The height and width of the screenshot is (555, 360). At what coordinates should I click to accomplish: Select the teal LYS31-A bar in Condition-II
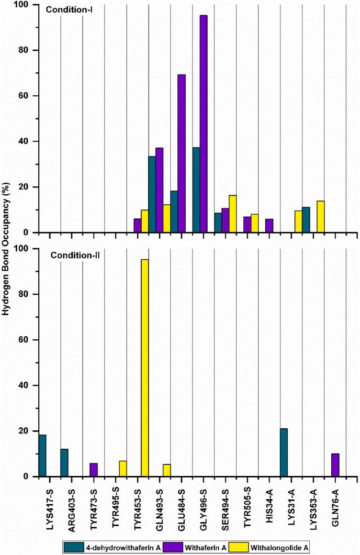point(284,452)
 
